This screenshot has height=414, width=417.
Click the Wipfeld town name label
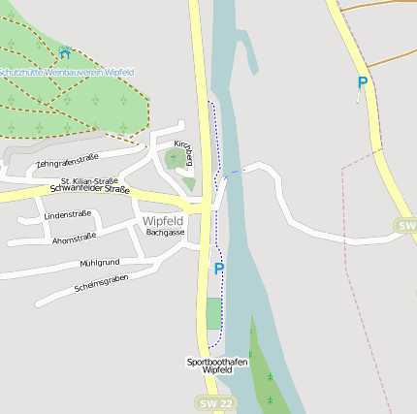point(163,221)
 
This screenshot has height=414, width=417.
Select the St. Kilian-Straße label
point(89,180)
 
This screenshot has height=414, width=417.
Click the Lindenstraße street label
point(68,214)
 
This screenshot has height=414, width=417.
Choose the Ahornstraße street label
point(74,238)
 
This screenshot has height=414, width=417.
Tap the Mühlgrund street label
point(100,263)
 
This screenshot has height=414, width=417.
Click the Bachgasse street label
point(165,233)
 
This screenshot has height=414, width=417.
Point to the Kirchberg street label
point(182,150)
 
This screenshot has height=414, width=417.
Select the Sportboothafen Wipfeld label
point(217,366)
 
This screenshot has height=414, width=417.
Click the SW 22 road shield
point(214,402)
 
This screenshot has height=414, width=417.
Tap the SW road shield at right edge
point(406,225)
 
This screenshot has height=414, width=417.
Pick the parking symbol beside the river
point(219,270)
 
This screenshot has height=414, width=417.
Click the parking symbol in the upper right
point(362,84)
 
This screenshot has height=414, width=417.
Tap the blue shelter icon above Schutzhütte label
point(65,52)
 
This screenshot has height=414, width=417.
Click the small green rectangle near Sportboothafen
point(213,313)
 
